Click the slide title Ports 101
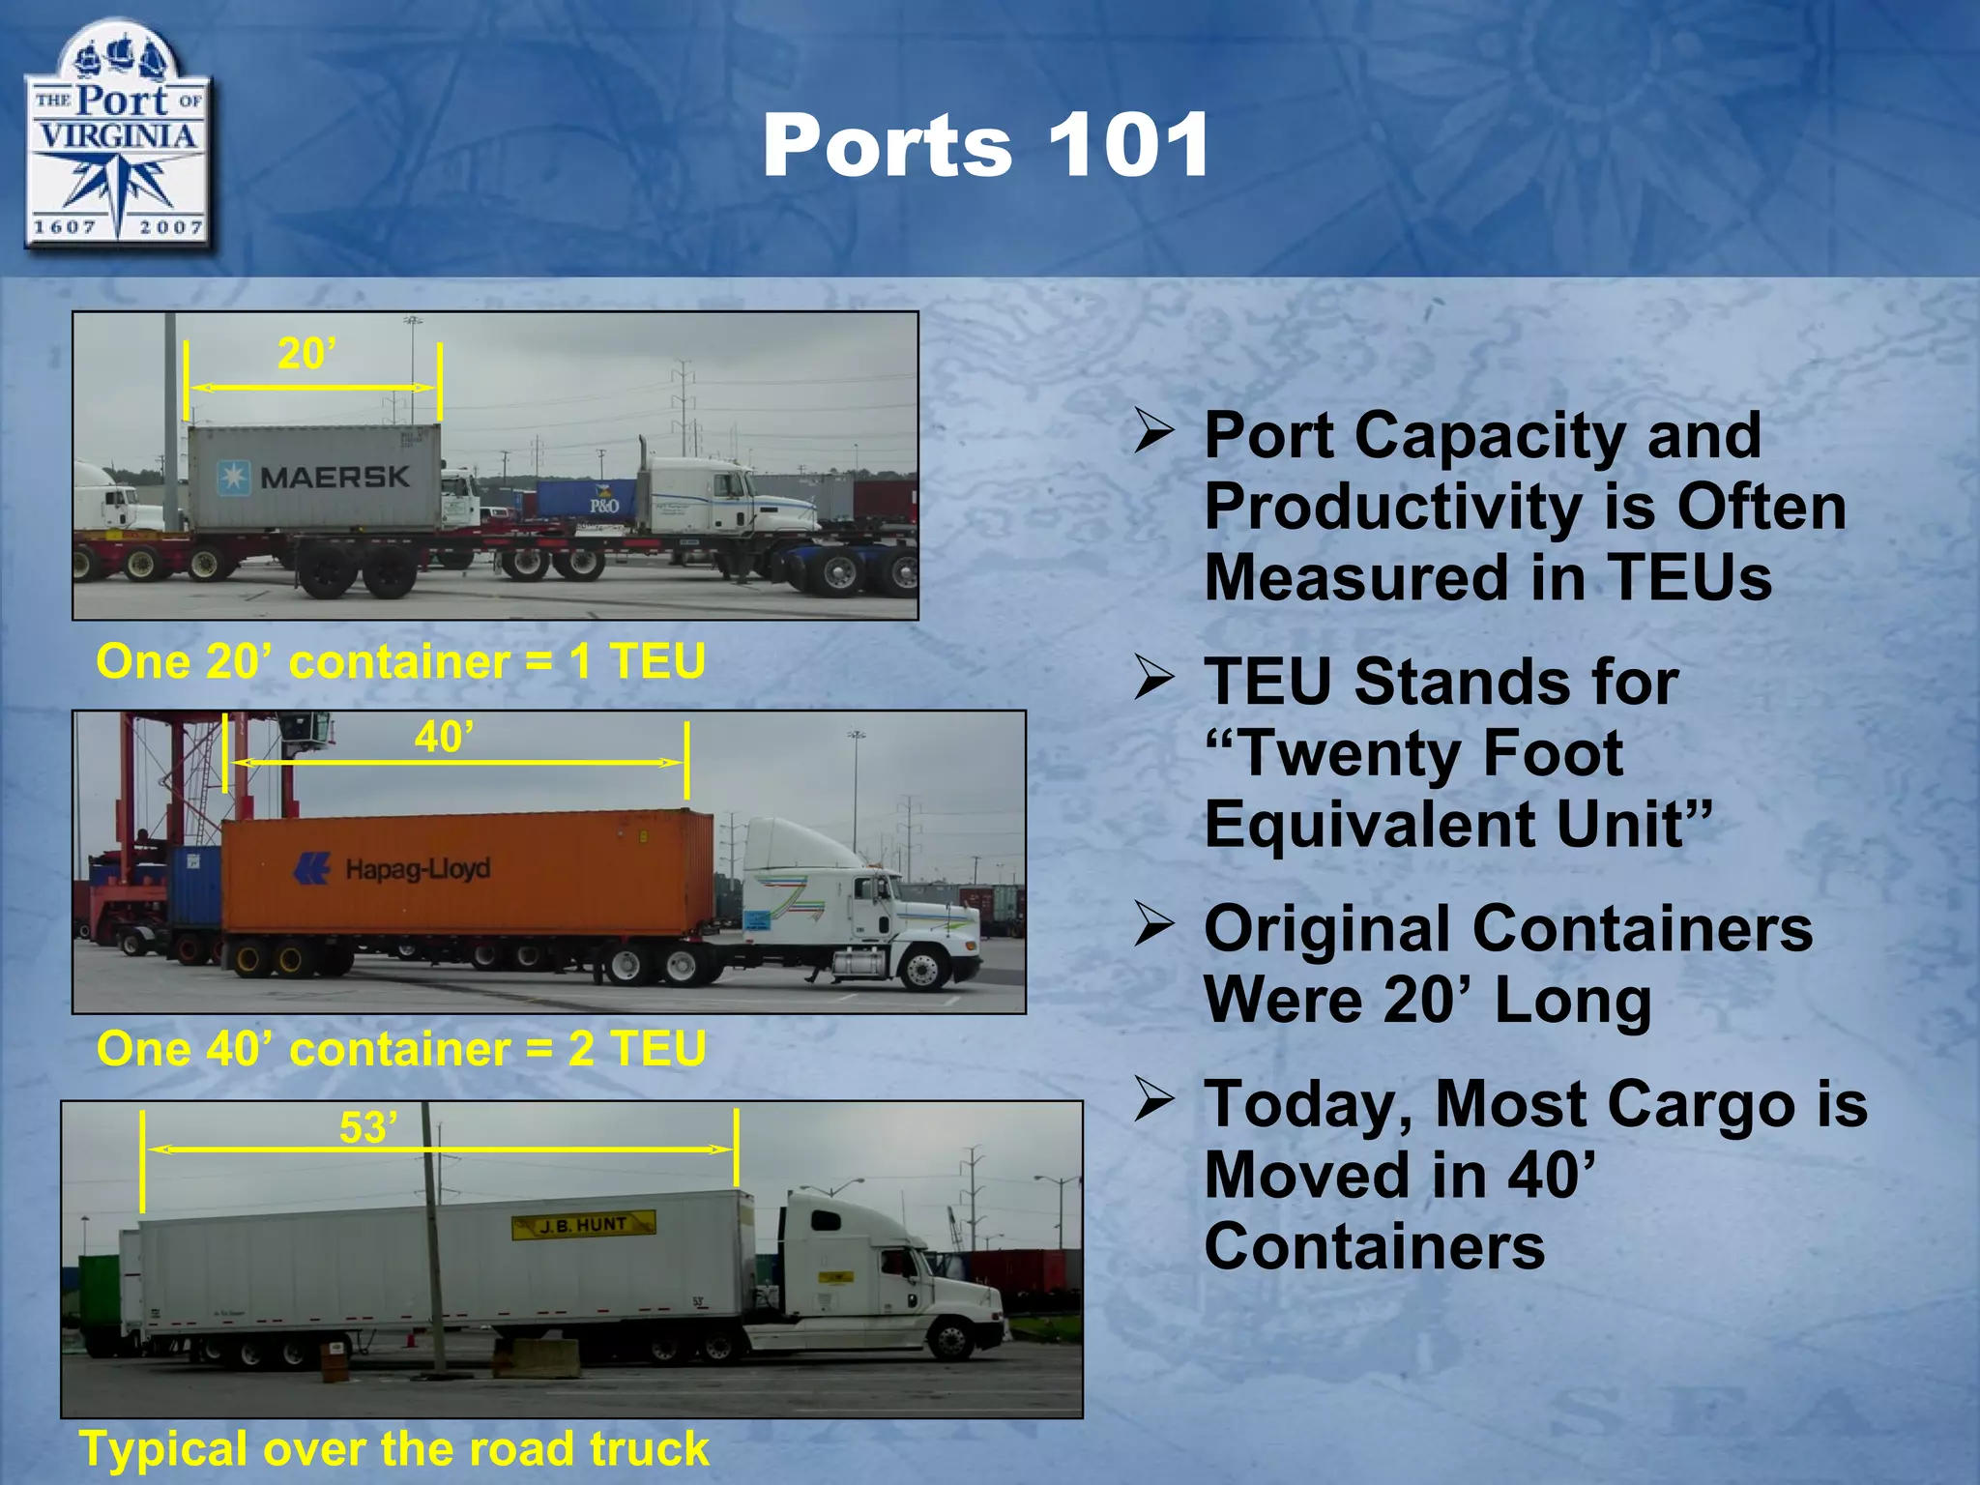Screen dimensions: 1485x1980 point(985,146)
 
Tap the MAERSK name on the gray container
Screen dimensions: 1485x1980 point(335,477)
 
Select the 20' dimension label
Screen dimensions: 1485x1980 point(306,354)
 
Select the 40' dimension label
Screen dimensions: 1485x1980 point(444,738)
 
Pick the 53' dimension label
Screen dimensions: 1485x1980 point(368,1127)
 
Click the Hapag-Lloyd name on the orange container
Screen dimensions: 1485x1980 point(418,868)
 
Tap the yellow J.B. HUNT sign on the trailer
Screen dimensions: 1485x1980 point(584,1225)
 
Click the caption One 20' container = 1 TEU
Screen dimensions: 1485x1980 point(400,662)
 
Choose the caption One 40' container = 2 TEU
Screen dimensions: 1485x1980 point(401,1049)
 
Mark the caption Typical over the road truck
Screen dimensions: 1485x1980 point(394,1448)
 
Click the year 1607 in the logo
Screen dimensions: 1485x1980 point(65,227)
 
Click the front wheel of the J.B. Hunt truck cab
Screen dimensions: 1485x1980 point(950,1340)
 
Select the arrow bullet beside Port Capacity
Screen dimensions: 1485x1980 point(1154,431)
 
